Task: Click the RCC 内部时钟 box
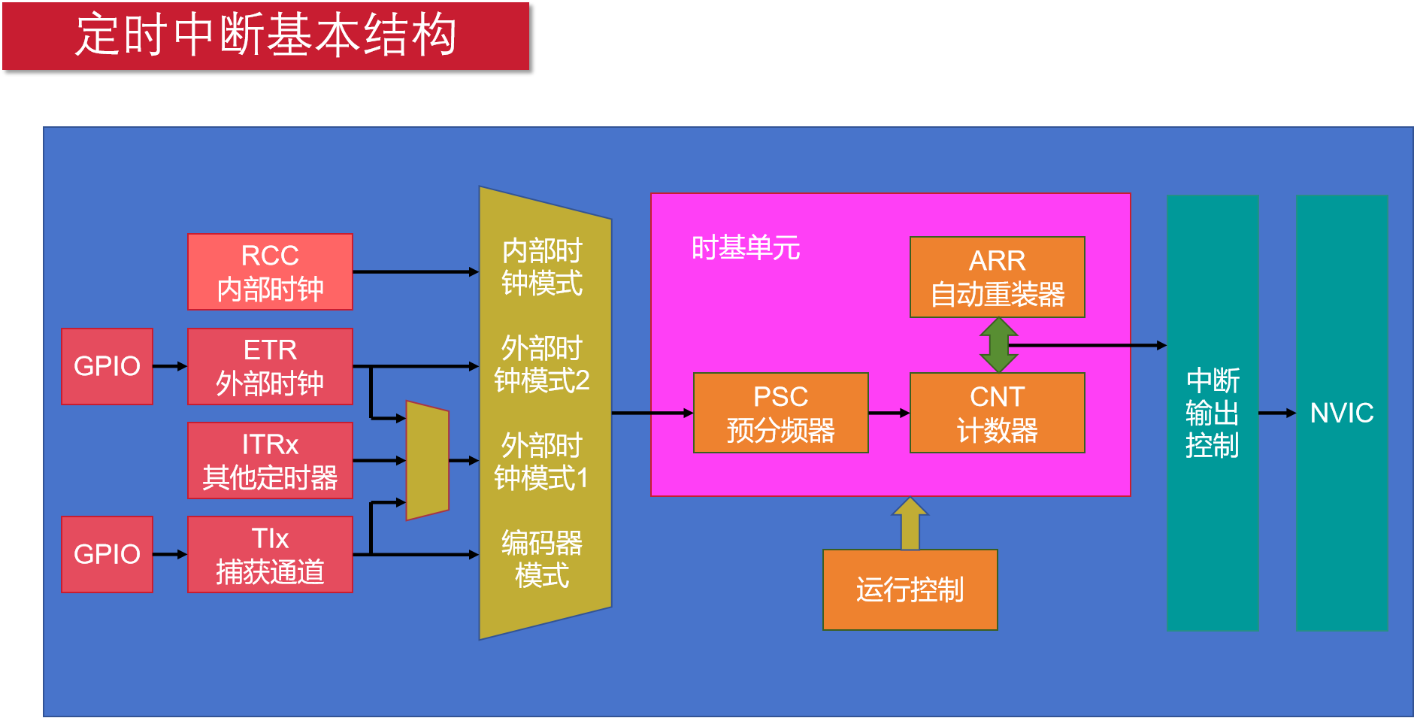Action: (270, 271)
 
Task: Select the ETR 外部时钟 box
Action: (270, 366)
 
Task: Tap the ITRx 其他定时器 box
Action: (270, 460)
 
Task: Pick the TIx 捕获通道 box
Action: (270, 554)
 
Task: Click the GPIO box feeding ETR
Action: (107, 366)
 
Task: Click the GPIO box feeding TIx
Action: (107, 554)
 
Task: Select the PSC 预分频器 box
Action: (780, 413)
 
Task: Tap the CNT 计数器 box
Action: (997, 413)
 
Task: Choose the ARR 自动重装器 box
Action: (997, 277)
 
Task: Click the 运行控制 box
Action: (910, 589)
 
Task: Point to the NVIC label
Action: (1342, 413)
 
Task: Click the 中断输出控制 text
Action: (1213, 413)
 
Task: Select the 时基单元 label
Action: (745, 247)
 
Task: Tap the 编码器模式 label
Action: (541, 559)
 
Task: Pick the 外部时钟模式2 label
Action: (541, 365)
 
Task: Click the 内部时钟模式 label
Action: (541, 267)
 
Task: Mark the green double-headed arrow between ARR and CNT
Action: (998, 345)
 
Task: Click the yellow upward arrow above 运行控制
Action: (910, 523)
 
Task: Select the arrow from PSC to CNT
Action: (889, 413)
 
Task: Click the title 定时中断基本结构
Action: (266, 35)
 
